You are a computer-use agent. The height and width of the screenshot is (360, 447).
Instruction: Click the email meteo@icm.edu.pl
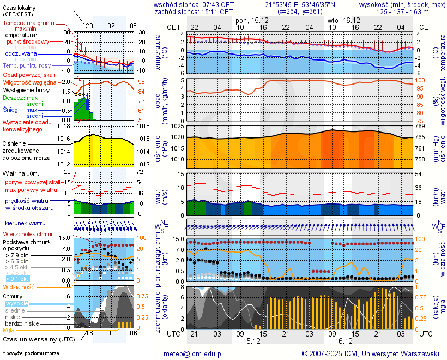[194, 353]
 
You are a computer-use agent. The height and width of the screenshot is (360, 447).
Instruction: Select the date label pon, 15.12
[251, 20]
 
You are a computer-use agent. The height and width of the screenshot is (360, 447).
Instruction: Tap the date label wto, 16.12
[342, 20]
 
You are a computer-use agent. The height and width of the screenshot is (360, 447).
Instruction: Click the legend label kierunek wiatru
[25, 224]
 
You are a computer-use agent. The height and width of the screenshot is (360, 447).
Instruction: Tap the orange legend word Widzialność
[19, 286]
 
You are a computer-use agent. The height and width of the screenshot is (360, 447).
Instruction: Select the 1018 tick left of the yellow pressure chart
[64, 127]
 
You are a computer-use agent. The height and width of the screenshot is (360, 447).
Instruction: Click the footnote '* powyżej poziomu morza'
[31, 353]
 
